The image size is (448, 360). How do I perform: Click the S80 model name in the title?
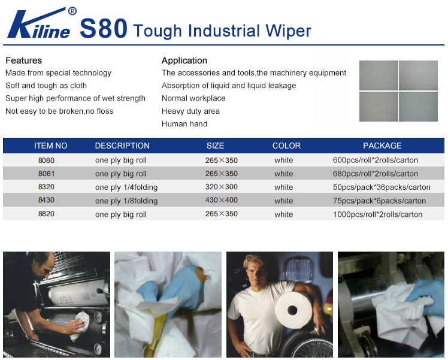pos(104,28)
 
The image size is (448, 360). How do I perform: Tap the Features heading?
pos(24,60)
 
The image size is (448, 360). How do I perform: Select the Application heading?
pos(184,60)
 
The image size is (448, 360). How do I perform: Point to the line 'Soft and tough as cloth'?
pos(46,86)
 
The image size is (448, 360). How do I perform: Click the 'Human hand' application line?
pos(184,124)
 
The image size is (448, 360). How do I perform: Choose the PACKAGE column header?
pos(382,146)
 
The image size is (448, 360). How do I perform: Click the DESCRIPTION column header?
pos(122,146)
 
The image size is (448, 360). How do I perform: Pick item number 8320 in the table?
pos(46,187)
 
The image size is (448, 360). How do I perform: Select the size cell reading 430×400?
pos(222,200)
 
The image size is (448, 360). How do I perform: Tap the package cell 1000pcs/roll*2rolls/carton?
pos(377,214)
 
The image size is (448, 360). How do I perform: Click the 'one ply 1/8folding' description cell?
pos(126,201)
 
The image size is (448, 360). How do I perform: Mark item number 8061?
pos(46,174)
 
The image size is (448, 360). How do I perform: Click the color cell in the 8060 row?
pos(284,160)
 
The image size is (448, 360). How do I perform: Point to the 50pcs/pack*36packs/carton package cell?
pos(382,187)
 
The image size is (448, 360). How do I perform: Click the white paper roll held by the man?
pos(293,310)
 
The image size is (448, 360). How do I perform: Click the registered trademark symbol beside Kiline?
pos(72,11)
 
